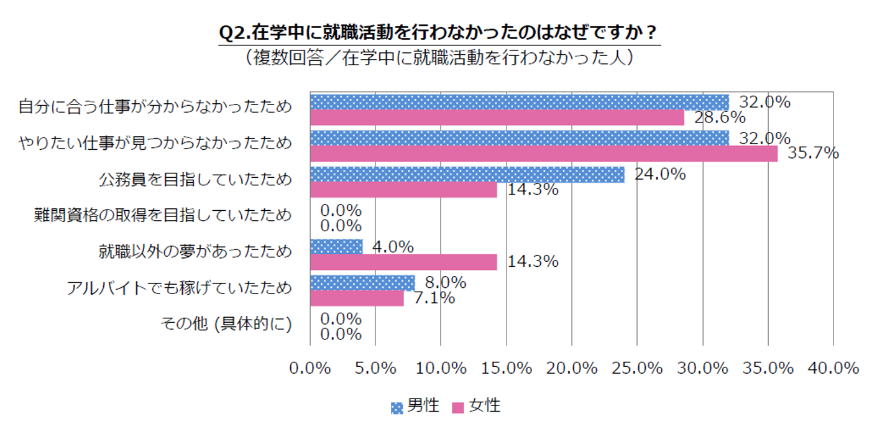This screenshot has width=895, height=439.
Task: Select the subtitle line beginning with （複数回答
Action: (439, 57)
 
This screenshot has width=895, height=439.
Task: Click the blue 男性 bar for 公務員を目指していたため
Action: (467, 175)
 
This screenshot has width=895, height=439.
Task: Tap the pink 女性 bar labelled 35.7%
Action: (544, 154)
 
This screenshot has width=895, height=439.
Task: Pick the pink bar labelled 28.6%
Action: (497, 118)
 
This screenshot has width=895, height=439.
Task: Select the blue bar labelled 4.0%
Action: (336, 247)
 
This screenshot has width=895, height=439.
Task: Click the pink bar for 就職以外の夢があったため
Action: (403, 262)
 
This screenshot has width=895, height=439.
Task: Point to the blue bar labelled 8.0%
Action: (362, 283)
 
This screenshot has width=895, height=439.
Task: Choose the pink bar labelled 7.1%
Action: (356, 298)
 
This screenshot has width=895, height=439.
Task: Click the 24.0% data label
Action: (659, 175)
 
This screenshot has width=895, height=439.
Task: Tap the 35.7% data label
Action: (813, 153)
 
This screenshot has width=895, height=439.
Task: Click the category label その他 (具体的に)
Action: (226, 325)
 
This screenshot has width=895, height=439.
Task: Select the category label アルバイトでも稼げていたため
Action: (179, 288)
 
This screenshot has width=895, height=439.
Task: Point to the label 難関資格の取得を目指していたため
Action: (163, 216)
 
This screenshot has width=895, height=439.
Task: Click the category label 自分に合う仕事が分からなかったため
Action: (155, 108)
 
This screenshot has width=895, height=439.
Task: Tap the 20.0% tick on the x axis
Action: (571, 368)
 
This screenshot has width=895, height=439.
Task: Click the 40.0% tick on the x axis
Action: (833, 368)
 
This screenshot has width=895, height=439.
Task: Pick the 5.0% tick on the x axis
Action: (375, 368)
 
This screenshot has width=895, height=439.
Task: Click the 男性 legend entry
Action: (415, 407)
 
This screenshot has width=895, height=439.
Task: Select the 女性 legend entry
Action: (476, 407)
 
